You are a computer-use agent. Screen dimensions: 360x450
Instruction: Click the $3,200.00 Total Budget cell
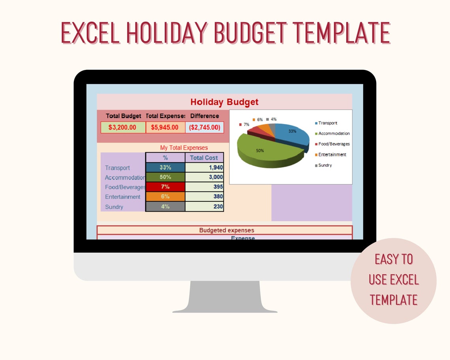point(123,127)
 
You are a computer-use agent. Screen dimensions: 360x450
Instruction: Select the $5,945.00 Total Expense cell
point(165,127)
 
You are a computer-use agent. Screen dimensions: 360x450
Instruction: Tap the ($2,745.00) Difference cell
point(204,127)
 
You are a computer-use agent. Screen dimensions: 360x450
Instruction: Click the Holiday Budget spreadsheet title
point(224,102)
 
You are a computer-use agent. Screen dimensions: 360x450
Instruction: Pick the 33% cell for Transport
point(165,168)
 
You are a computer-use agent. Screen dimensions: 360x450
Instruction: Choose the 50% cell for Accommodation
point(165,177)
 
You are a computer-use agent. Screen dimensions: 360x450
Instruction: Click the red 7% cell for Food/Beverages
point(165,187)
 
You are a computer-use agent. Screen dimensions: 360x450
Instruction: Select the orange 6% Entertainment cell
point(165,197)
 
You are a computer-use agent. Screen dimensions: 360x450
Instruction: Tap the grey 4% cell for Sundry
point(165,206)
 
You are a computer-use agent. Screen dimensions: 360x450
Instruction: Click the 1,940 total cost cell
point(204,168)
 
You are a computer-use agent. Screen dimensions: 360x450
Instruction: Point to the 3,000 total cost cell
point(204,177)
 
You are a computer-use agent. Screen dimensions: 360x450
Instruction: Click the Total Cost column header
point(204,158)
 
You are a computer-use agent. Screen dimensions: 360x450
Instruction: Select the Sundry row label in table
point(114,207)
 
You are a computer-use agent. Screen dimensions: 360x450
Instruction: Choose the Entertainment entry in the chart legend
point(332,155)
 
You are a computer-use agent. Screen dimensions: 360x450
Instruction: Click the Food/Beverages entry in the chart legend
point(334,144)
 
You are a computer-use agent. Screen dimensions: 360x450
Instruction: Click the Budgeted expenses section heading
point(226,230)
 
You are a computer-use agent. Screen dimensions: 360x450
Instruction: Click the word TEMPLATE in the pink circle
point(394,300)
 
